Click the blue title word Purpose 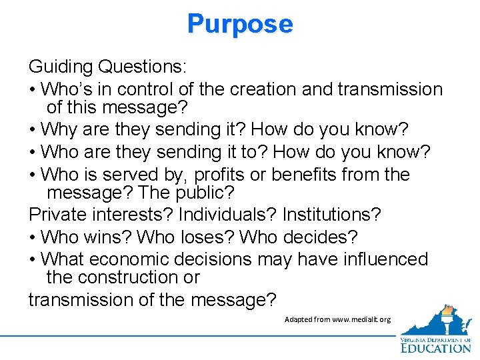click(240, 24)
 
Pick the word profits click(219, 175)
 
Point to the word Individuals click(222, 215)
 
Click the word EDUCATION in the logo click(435, 347)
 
